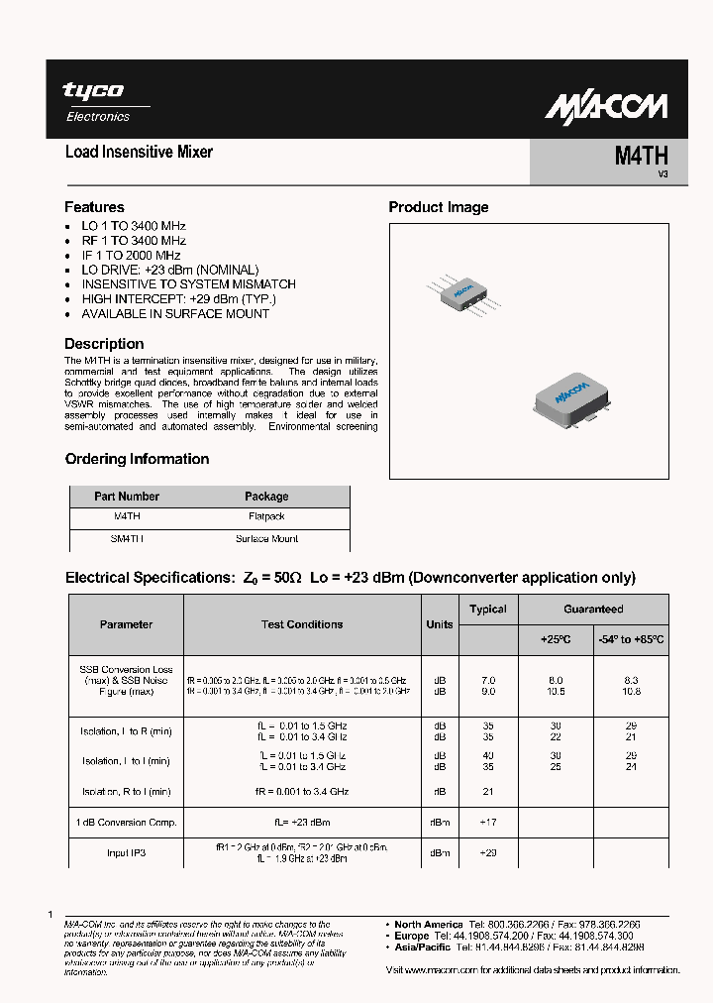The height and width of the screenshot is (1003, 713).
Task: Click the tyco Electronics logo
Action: pyautogui.click(x=96, y=101)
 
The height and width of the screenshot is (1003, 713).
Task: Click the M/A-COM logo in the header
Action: pyautogui.click(x=609, y=106)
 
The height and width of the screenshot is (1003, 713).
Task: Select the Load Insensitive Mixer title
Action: pyautogui.click(x=139, y=153)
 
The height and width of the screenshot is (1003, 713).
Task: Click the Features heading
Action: pyautogui.click(x=94, y=207)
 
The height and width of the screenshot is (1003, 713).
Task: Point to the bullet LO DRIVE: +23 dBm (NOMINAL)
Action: pyautogui.click(x=169, y=270)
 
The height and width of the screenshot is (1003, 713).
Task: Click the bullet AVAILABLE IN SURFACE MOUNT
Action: pyautogui.click(x=174, y=313)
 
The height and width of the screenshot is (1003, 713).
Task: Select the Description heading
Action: pyautogui.click(x=104, y=344)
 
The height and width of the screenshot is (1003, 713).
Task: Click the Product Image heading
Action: pyautogui.click(x=438, y=207)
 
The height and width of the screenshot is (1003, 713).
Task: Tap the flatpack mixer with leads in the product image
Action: pyautogui.click(x=461, y=292)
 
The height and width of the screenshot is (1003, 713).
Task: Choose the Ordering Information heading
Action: pyautogui.click(x=137, y=459)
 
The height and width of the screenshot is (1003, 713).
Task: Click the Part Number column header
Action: pyautogui.click(x=126, y=497)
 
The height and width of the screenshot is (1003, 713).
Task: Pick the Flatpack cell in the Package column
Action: pyautogui.click(x=266, y=517)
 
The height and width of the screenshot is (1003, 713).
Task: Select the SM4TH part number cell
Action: pyautogui.click(x=126, y=539)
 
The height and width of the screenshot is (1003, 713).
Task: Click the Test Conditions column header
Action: pyautogui.click(x=301, y=624)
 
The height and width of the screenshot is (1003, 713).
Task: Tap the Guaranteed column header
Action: pyautogui.click(x=593, y=610)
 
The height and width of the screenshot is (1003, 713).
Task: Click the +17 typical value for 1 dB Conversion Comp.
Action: pyautogui.click(x=488, y=823)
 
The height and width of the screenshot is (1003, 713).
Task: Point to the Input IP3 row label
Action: pyautogui.click(x=126, y=852)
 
